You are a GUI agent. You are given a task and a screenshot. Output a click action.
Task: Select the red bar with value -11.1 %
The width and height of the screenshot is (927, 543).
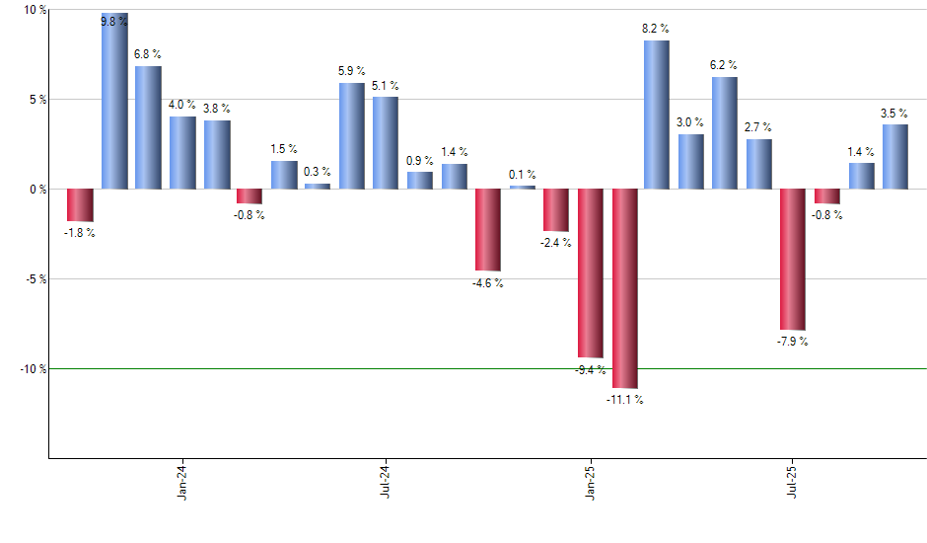[624, 288]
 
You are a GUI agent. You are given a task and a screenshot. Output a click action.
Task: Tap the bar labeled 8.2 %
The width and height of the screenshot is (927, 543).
[657, 115]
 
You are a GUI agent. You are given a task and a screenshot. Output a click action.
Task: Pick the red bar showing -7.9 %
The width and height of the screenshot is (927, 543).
[793, 259]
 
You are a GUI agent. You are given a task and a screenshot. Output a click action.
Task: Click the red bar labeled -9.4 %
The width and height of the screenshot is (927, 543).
[591, 272]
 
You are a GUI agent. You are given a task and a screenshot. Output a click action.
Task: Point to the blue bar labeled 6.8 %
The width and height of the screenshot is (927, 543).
[148, 127]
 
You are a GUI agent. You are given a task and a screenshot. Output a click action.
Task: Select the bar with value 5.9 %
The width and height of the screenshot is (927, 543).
[352, 136]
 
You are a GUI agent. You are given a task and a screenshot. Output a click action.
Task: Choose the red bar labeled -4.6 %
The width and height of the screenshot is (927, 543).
[488, 229]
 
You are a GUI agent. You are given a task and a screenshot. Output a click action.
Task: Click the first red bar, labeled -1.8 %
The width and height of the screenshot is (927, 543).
[80, 204]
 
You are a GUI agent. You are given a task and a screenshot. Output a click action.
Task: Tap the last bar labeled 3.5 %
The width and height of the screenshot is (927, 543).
[895, 156]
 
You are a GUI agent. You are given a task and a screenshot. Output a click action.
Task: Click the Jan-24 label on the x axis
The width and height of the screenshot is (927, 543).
[182, 482]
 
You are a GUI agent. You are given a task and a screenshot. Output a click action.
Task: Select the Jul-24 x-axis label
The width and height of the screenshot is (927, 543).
[386, 482]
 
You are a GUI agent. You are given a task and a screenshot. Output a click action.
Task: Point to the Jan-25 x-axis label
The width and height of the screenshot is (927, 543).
[590, 482]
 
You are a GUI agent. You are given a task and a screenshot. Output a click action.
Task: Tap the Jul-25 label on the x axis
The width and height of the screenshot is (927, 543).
[793, 482]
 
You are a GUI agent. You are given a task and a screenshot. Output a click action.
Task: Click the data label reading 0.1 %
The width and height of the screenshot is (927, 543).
[523, 175]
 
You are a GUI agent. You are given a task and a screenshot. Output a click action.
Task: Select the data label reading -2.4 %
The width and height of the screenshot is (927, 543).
[556, 243]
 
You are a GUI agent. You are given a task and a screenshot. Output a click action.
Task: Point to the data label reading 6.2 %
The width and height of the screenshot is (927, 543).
[724, 65]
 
